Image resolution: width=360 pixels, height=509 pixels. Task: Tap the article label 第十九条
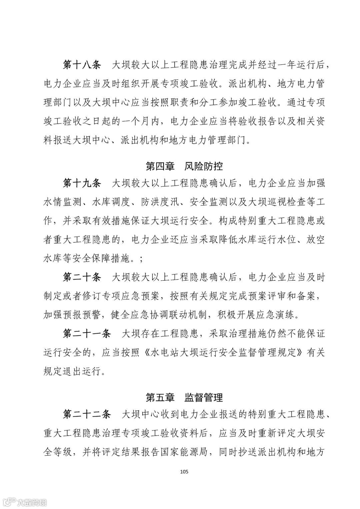click(82, 183)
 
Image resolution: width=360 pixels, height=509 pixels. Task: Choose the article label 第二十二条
click(87, 414)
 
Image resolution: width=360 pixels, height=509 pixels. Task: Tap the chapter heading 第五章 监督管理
click(184, 397)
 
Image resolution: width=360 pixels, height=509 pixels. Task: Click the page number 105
click(184, 471)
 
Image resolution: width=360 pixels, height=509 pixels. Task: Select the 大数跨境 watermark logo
click(23, 502)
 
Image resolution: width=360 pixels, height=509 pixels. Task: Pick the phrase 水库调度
click(110, 202)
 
